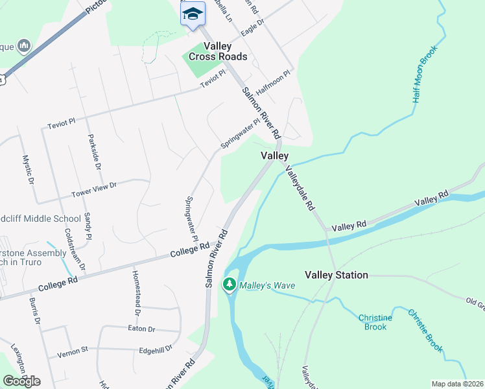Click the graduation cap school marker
coord(193,14)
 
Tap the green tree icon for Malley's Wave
coord(229,284)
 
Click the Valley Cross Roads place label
coord(218,51)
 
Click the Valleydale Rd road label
coord(299,188)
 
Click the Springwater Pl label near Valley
coord(240,134)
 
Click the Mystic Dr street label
coord(28,169)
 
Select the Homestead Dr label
coord(136,289)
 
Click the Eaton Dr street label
coord(143,329)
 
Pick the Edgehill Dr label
coord(156,348)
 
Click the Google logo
coord(21,381)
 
